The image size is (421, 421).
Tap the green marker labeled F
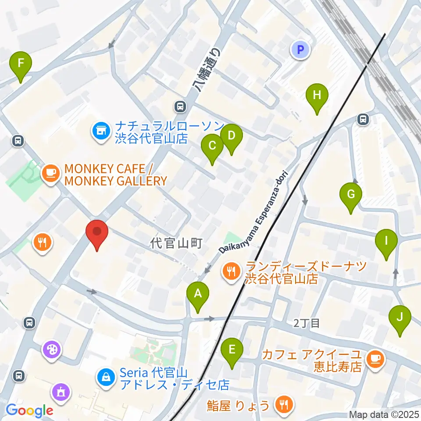21,64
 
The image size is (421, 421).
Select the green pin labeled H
317,96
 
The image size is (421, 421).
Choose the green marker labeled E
232,350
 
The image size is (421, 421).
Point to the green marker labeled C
212,146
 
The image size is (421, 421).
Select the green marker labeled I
386,241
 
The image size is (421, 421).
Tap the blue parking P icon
300,50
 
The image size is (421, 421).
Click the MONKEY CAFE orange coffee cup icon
50,172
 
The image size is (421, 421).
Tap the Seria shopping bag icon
106,377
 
